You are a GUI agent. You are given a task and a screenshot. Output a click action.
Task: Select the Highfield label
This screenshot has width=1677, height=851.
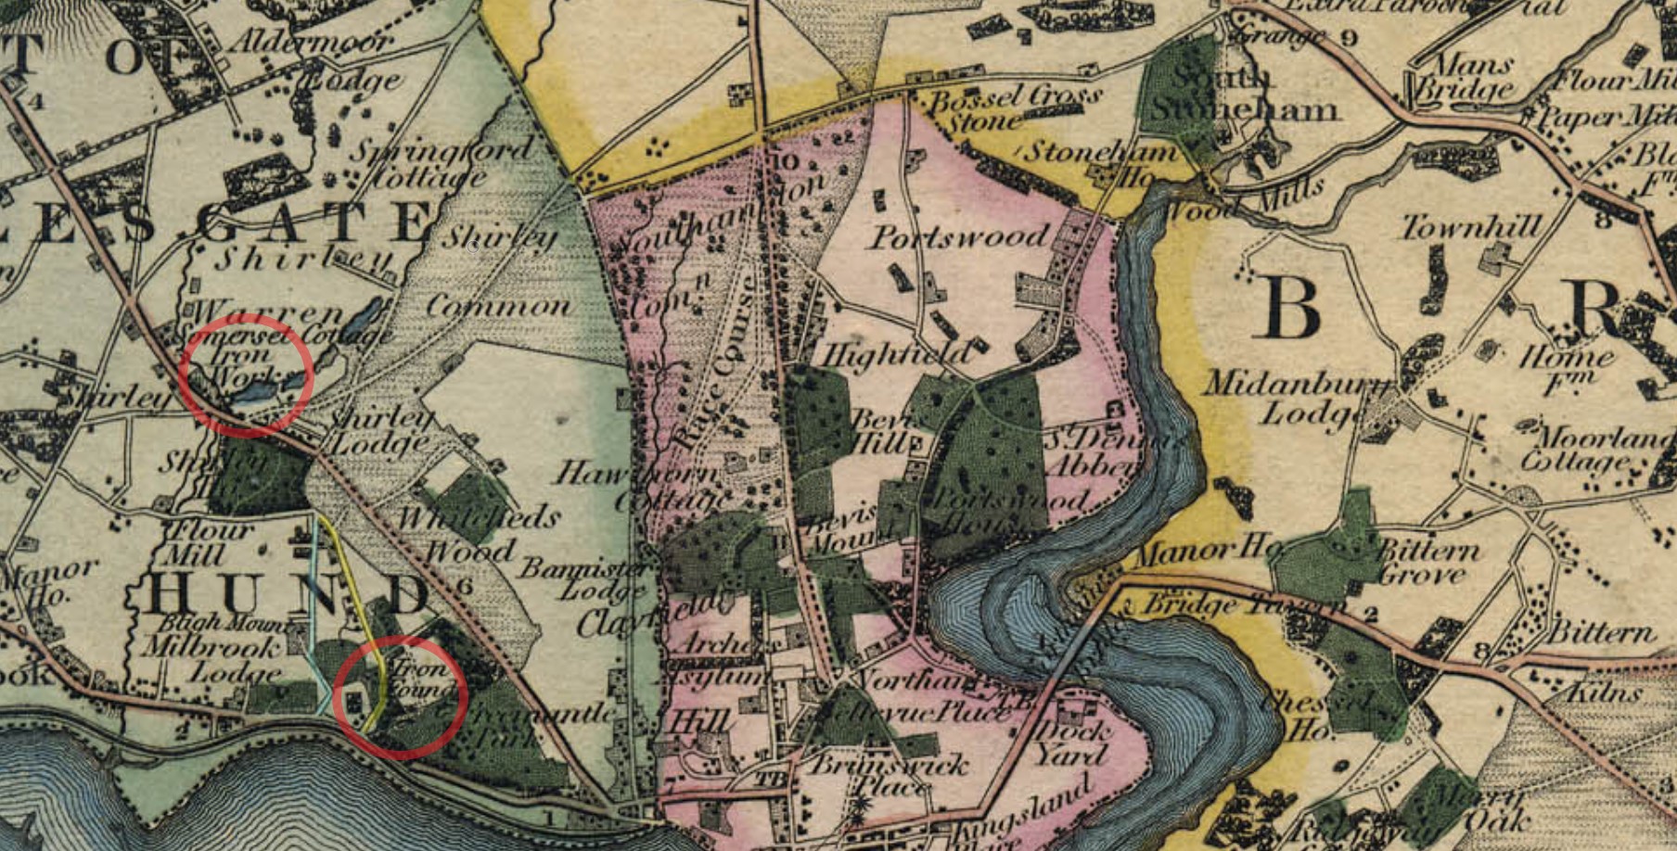[x=894, y=353]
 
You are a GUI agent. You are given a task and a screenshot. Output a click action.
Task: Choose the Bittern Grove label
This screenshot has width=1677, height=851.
[x=1428, y=562]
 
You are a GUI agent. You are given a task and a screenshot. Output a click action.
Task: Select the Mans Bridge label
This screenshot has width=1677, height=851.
[x=1470, y=77]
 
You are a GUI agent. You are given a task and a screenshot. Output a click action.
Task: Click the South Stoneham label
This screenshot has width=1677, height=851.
[x=1243, y=94]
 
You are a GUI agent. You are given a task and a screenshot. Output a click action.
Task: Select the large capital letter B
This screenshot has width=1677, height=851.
[x=1290, y=307]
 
